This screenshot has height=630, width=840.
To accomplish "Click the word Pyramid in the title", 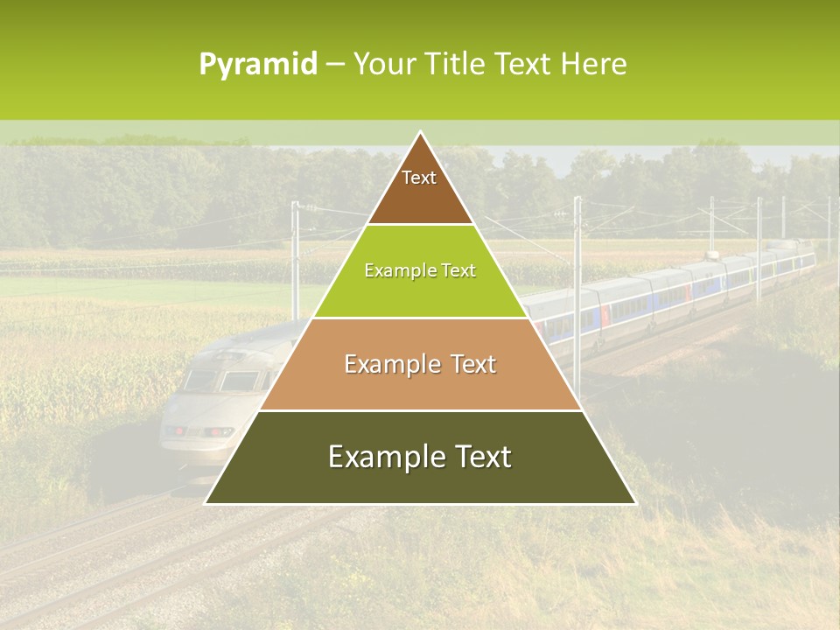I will coord(258,65).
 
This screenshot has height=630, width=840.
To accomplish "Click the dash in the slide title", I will coord(335,65).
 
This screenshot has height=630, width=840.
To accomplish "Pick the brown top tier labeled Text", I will coord(420,188).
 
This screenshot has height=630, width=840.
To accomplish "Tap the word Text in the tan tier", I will coord(473,364).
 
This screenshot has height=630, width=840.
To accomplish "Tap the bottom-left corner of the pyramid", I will coord(206,503).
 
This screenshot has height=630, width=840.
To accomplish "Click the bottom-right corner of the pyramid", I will coord(635,503).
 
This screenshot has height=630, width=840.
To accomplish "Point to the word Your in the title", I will coord(381,65).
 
